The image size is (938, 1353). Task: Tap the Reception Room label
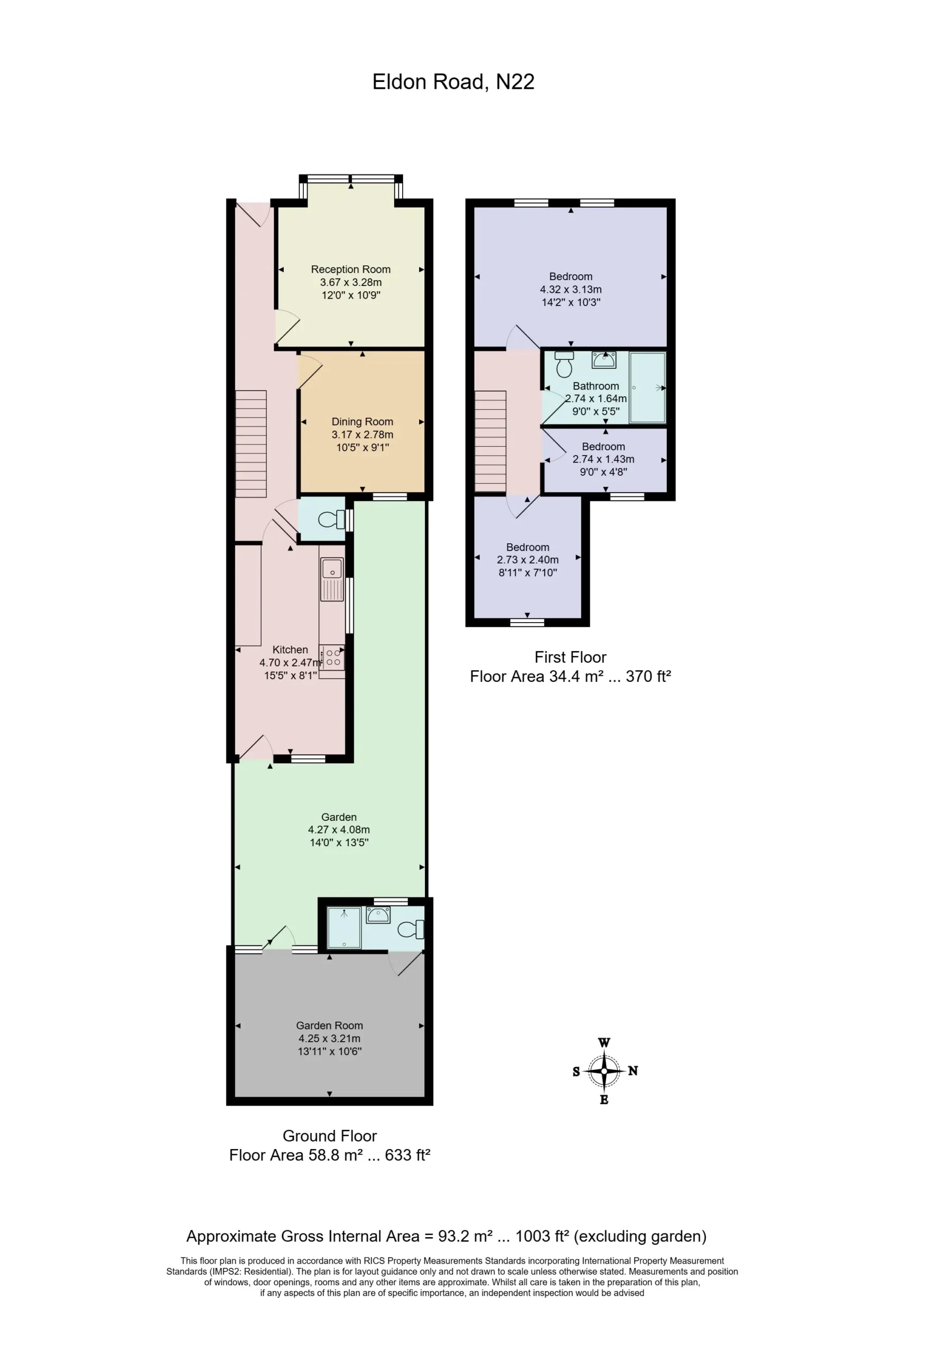[x=351, y=269]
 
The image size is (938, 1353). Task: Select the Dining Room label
[x=362, y=421]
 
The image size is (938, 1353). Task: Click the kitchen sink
[x=332, y=579]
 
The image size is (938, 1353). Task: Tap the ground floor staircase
[x=251, y=444]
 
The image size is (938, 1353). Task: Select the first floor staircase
[x=490, y=441]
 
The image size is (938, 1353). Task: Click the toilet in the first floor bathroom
[x=564, y=364]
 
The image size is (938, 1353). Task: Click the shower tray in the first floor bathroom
[x=647, y=387]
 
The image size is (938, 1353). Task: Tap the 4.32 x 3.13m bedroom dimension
[x=571, y=289]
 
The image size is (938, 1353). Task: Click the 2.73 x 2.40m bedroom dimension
[x=528, y=560]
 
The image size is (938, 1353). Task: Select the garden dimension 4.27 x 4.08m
[x=339, y=829]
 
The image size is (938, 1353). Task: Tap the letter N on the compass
[x=633, y=1071]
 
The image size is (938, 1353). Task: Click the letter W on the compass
[x=603, y=1043]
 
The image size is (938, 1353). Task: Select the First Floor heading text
[x=570, y=657]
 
